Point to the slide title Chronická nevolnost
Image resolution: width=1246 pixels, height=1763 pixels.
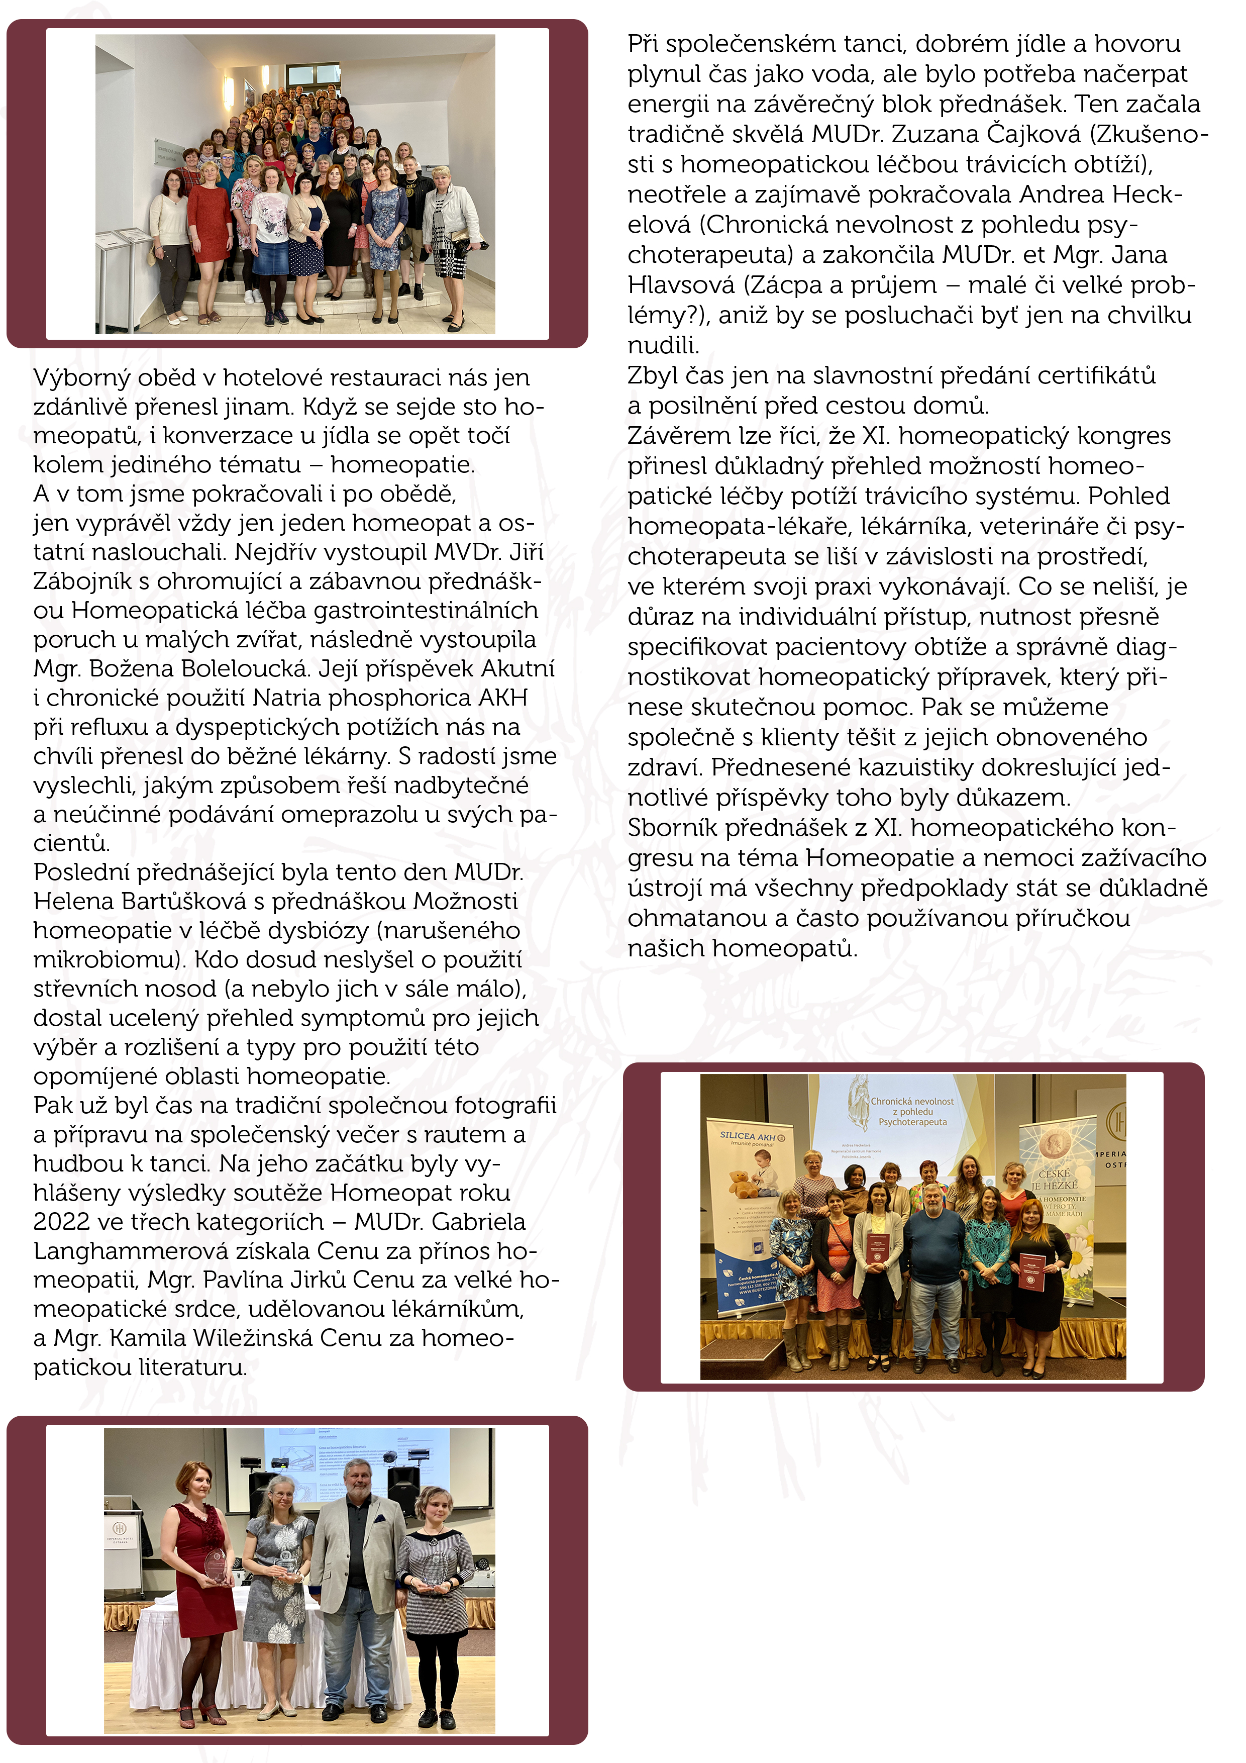point(912,1102)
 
